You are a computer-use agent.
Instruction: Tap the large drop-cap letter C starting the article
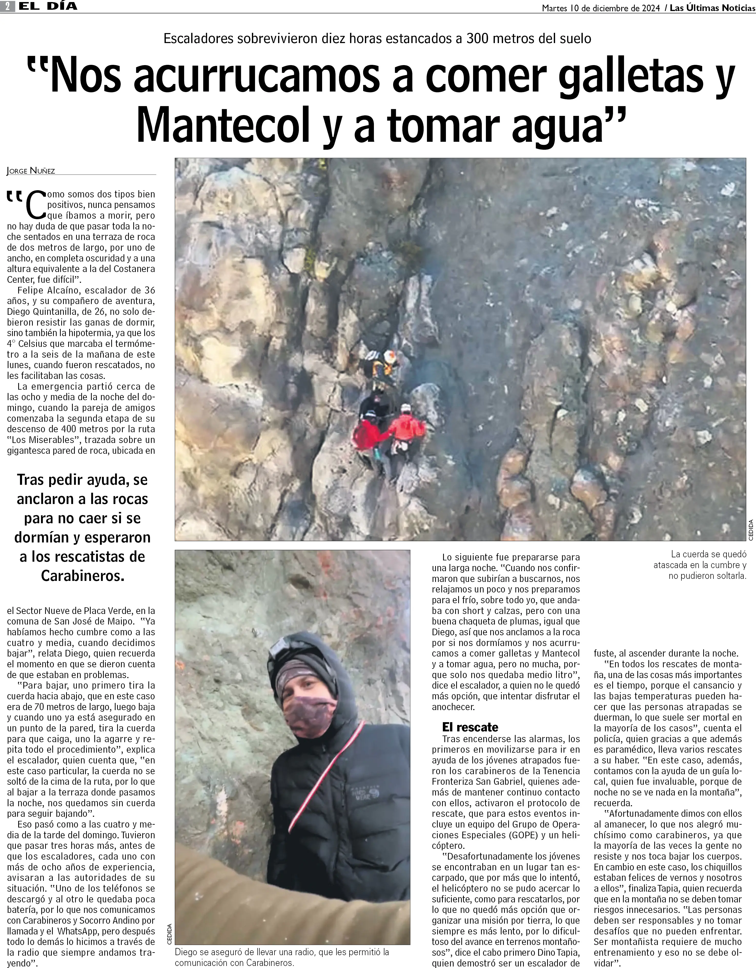tap(35, 205)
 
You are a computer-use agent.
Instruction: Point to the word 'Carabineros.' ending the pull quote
tap(83, 575)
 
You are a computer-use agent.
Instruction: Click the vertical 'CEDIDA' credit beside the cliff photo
tap(751, 530)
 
